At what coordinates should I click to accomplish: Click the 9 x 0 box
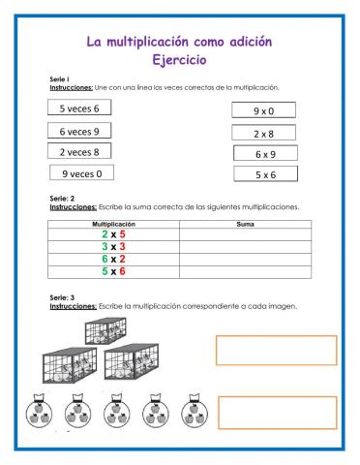click(x=263, y=111)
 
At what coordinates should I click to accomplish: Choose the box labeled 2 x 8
click(x=263, y=133)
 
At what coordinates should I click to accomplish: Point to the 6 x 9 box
click(x=265, y=153)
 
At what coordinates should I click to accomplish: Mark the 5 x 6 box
click(x=265, y=174)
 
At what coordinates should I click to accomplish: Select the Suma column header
click(x=245, y=224)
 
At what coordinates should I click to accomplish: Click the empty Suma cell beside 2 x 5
click(x=245, y=234)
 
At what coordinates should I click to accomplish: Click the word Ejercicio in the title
click(x=180, y=60)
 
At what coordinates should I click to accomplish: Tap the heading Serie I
click(x=59, y=78)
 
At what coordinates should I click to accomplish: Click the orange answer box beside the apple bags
click(x=276, y=412)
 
